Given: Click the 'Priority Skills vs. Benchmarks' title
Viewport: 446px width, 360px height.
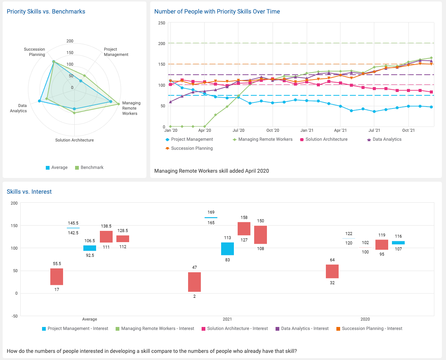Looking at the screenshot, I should (x=46, y=12).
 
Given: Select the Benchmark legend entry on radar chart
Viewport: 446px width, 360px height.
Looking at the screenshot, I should (x=89, y=167).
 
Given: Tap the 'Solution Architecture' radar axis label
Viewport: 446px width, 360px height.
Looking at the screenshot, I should (x=74, y=140).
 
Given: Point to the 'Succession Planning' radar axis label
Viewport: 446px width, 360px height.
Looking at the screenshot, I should (x=35, y=52).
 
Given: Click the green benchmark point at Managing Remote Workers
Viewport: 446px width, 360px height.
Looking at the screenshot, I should (x=119, y=104).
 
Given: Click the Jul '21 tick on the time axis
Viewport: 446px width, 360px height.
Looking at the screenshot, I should (x=374, y=131).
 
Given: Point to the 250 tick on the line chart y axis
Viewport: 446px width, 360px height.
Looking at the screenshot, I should (x=162, y=23).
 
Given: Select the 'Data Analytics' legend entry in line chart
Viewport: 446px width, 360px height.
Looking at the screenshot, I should (x=384, y=139).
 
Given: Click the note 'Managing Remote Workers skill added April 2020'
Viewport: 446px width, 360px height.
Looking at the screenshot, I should (x=211, y=171).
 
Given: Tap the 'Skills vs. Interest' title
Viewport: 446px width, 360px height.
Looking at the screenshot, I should (x=29, y=192).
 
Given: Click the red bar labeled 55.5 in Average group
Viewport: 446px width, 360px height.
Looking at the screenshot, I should (x=57, y=277).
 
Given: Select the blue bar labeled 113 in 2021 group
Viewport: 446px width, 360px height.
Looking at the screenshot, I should (x=228, y=249).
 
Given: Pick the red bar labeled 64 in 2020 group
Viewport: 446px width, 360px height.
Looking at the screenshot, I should (x=332, y=271).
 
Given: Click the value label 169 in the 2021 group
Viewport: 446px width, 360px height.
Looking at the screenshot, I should (x=211, y=212).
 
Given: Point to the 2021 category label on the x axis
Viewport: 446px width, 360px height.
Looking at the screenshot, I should (x=227, y=319).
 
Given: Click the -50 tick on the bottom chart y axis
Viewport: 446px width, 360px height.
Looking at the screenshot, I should (x=14, y=316).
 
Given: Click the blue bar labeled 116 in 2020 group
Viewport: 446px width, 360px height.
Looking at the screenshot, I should (x=398, y=243).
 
